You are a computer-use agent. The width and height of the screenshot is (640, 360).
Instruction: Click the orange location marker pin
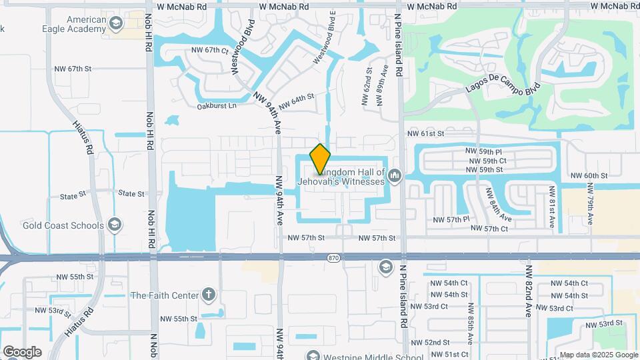(320, 159)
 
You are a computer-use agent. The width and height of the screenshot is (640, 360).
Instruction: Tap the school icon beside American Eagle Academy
(117, 25)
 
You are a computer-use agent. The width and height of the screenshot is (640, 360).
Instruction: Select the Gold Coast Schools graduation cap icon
(115, 225)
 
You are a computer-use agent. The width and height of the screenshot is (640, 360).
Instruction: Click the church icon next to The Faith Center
(209, 295)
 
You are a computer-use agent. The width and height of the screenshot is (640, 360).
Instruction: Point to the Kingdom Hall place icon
(395, 177)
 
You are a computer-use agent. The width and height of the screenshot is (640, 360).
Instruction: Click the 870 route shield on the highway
(334, 257)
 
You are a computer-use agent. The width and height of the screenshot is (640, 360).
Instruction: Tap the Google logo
(21, 351)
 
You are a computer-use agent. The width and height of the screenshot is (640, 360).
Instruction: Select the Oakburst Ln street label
(217, 106)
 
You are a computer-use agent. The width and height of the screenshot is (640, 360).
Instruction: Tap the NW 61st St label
(425, 133)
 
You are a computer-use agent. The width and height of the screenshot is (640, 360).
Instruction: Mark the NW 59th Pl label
(484, 151)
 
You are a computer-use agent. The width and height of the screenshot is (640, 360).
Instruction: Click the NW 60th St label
(589, 175)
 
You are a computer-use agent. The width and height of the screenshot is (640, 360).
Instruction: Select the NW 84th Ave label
(498, 205)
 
